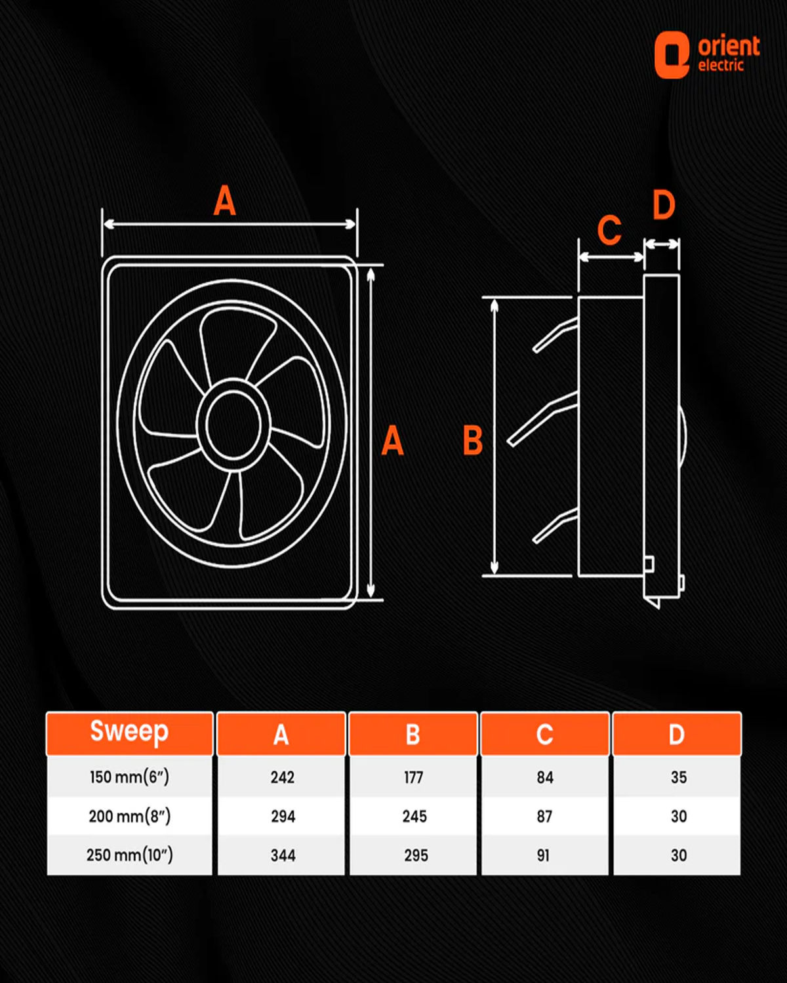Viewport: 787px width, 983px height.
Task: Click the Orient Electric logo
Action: point(707,55)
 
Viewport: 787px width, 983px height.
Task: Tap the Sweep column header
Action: point(129,733)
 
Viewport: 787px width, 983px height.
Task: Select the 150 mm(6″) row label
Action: point(129,777)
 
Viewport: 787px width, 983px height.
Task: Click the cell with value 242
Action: point(282,777)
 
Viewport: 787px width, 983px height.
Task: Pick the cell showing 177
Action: point(413,777)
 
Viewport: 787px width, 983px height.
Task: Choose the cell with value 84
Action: point(545,777)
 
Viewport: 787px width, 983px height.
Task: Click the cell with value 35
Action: point(678,777)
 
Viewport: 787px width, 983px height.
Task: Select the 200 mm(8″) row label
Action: point(129,816)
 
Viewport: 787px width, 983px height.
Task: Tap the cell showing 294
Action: point(283,816)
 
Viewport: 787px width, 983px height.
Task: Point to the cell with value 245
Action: point(414,816)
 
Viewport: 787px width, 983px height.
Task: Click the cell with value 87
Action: point(544,816)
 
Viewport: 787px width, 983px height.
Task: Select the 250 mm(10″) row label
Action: point(129,855)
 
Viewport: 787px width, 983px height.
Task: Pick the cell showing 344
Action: point(283,855)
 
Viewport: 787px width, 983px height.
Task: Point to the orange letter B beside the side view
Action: point(472,440)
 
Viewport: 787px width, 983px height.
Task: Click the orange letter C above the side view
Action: point(609,230)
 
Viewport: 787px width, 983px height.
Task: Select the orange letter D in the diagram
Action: point(664,205)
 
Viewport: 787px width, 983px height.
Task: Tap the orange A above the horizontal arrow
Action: point(224,201)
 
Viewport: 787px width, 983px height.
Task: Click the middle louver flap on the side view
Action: point(542,420)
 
